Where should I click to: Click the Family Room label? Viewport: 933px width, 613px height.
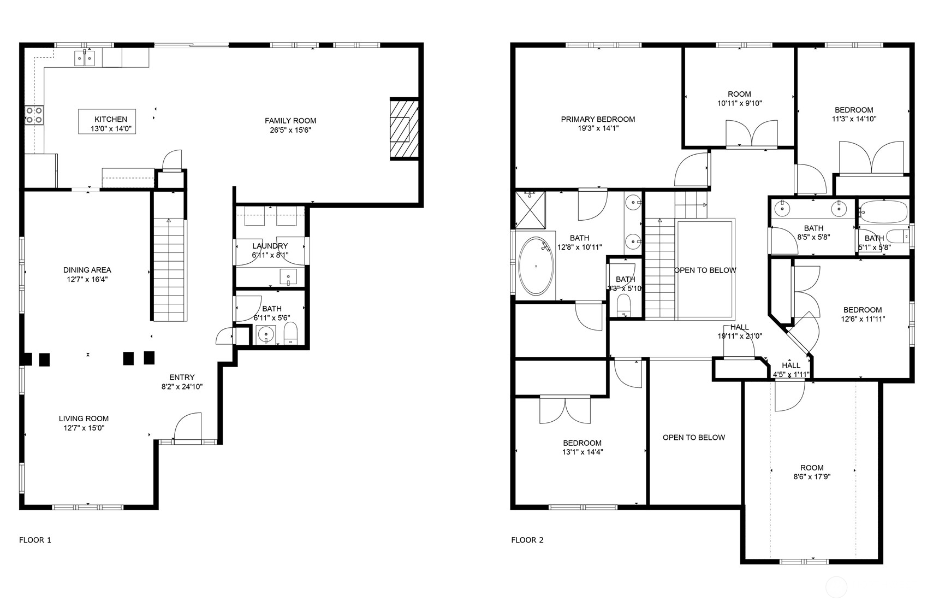[x=290, y=121]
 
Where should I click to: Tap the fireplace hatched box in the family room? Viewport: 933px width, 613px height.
[x=404, y=129]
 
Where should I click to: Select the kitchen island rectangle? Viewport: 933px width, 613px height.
[x=107, y=121]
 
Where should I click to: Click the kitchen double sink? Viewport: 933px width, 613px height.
[x=84, y=57]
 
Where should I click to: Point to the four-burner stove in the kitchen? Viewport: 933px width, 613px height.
[x=34, y=115]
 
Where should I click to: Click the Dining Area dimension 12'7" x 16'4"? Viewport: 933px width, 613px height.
[x=87, y=279]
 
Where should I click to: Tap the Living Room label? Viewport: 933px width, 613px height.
[x=84, y=419]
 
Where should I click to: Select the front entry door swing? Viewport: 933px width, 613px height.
[x=187, y=427]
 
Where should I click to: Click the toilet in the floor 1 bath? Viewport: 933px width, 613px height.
[x=290, y=332]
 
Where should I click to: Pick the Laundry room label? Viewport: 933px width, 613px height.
[x=270, y=246]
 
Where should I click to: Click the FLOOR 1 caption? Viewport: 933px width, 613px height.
[x=35, y=540]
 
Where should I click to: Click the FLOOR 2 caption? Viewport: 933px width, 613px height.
[x=527, y=540]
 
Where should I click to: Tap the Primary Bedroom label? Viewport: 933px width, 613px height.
[x=598, y=119]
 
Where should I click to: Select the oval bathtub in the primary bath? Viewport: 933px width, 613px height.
[x=535, y=266]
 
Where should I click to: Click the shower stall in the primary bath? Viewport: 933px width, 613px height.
[x=530, y=209]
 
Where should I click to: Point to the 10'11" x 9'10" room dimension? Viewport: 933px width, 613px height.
[x=739, y=103]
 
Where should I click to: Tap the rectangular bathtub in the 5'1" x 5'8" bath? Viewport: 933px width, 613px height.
[x=882, y=211]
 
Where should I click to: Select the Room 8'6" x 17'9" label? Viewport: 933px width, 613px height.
[x=812, y=468]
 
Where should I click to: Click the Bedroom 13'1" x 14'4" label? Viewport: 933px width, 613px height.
[x=582, y=443]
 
